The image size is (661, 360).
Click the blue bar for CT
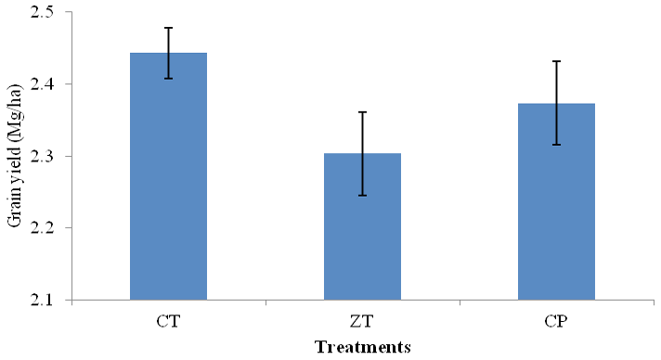coord(168,176)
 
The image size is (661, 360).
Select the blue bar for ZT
coord(362,226)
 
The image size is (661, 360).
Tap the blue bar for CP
coord(556,201)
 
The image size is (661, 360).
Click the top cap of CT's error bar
coord(168,28)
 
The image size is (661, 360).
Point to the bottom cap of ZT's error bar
coord(362,196)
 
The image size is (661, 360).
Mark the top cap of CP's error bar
coord(556,61)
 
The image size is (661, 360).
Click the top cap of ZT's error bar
coord(362,112)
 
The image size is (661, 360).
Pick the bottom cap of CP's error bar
coord(556,145)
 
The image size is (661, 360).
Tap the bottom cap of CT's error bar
coord(168,79)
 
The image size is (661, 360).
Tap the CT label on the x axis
coord(168,322)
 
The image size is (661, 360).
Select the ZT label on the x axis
coord(362,322)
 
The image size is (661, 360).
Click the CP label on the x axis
coord(556,322)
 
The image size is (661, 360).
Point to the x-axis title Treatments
coord(363,347)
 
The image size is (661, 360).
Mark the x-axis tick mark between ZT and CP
coord(460,302)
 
